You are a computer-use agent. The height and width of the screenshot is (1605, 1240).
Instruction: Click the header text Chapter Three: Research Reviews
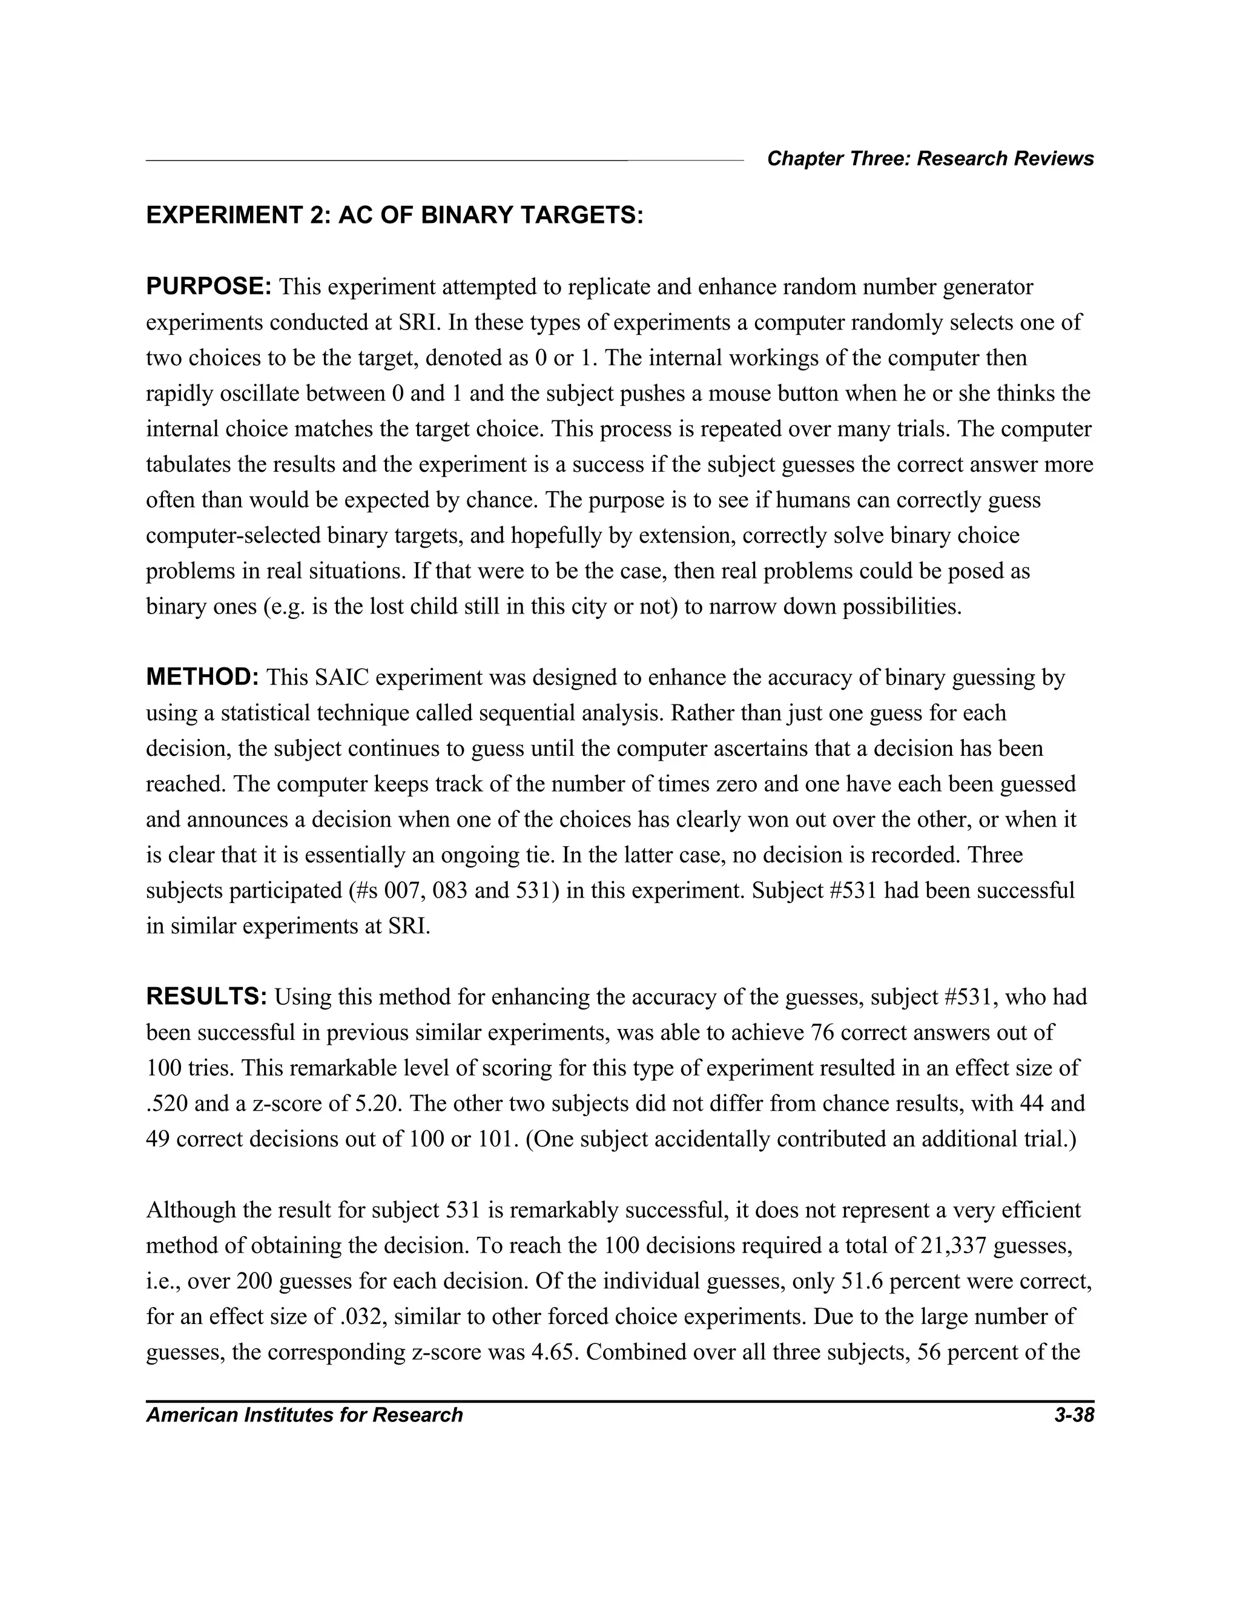930,159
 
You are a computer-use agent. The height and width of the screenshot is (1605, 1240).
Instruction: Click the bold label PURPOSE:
209,286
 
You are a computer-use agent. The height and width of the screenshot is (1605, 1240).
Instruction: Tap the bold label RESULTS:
207,998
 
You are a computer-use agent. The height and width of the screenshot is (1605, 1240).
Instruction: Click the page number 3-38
1073,1415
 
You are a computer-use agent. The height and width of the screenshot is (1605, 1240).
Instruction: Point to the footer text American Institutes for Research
304,1415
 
